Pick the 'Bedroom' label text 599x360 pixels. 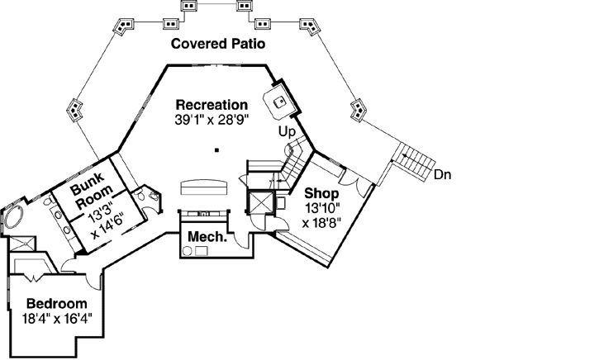click(56, 302)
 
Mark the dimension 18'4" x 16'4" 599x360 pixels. click(56, 316)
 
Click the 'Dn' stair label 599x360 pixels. click(443, 174)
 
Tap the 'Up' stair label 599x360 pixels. click(286, 131)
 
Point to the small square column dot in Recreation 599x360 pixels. click(216, 150)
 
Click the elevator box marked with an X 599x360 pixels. click(262, 202)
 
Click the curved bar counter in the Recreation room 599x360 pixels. click(202, 183)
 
